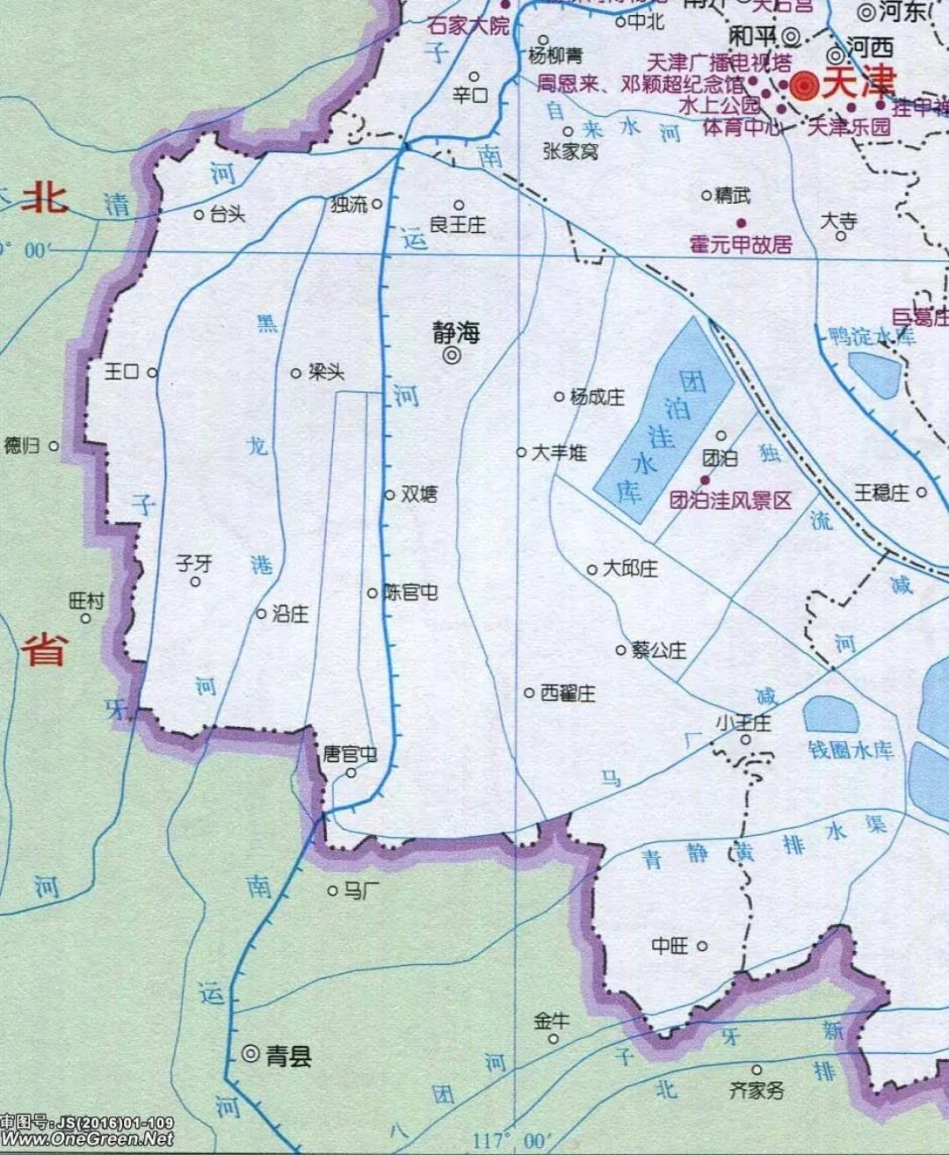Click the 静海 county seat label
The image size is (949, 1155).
(456, 332)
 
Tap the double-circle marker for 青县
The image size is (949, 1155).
(250, 1052)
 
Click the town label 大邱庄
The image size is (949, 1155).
(630, 569)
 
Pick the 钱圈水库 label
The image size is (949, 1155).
(850, 750)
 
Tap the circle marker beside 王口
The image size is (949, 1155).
(152, 373)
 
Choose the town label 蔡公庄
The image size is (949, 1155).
(658, 650)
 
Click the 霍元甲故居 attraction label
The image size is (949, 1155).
(740, 243)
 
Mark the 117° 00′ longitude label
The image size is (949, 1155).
(509, 1140)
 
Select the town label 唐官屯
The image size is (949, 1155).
(350, 754)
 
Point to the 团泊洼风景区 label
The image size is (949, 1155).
(730, 500)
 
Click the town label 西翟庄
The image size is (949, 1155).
(568, 694)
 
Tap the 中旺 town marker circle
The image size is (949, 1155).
(702, 946)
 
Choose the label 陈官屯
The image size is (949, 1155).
(410, 592)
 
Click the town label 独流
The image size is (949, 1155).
(349, 204)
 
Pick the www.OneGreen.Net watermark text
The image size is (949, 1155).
(87, 1138)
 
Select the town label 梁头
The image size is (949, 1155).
(326, 373)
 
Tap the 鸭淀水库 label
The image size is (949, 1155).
(872, 336)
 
